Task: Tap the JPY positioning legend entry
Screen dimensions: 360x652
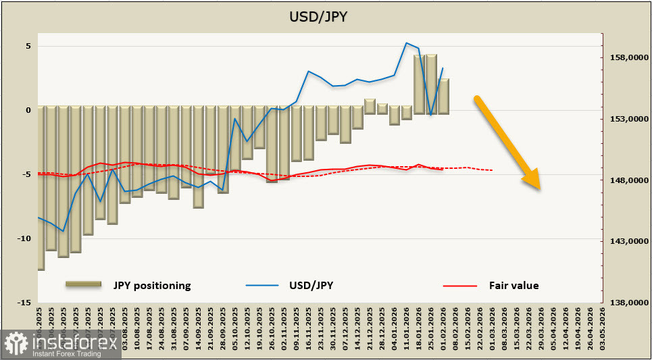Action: pos(152,285)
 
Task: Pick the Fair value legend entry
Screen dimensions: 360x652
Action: pos(513,285)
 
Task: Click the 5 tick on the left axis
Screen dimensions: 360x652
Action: pos(28,46)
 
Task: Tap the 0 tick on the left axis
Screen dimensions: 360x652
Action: pos(28,110)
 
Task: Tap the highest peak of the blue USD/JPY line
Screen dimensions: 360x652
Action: pos(406,43)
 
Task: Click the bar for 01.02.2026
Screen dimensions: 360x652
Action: pos(443,96)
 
